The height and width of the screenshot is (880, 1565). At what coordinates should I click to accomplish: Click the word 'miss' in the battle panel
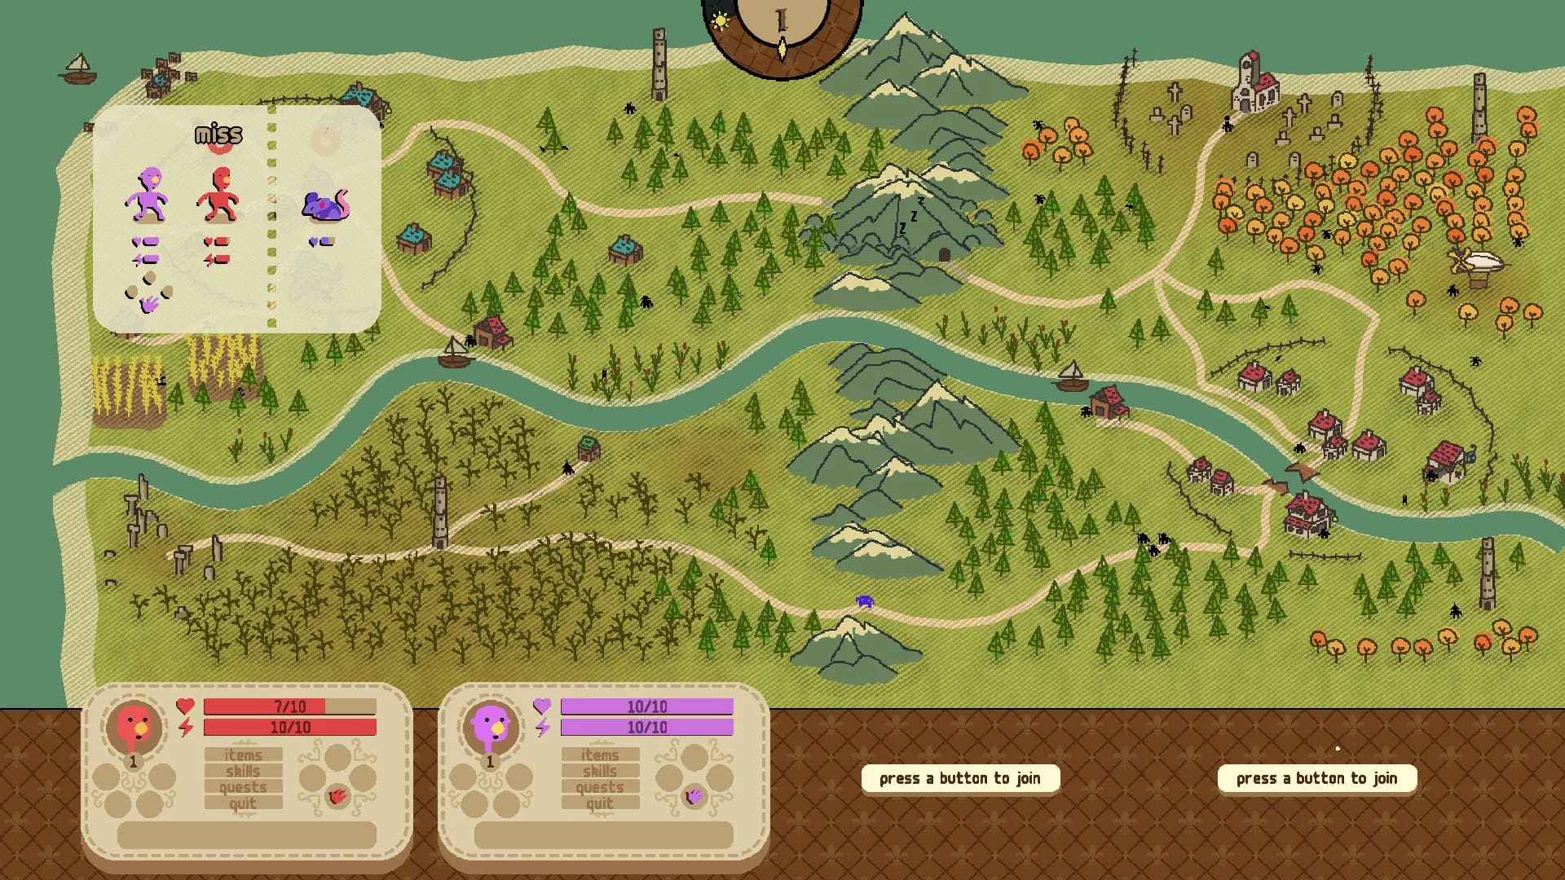[x=218, y=134]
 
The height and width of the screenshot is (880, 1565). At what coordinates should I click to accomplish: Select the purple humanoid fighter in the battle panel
[x=148, y=195]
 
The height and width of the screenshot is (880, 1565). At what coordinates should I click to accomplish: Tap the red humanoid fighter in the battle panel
[x=218, y=195]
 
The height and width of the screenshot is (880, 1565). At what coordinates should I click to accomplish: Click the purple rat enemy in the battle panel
[x=325, y=205]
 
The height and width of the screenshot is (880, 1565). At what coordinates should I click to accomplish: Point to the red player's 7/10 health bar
[x=289, y=706]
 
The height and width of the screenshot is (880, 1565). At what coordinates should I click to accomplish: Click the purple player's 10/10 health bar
[x=646, y=706]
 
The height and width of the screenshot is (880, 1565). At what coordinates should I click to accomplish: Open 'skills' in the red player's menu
[x=243, y=771]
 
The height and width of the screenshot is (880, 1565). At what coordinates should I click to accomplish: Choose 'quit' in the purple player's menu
[x=600, y=803]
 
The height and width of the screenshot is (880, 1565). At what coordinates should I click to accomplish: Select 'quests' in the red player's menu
[x=243, y=787]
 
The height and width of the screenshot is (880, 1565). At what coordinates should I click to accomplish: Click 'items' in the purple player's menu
[x=600, y=755]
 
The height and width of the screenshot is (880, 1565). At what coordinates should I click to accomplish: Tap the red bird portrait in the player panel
[x=134, y=725]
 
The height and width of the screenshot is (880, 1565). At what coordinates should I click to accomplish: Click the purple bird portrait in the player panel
[x=491, y=725]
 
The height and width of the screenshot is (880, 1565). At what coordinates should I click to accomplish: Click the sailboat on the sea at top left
[x=78, y=69]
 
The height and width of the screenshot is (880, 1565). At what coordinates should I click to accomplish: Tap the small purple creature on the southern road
[x=865, y=601]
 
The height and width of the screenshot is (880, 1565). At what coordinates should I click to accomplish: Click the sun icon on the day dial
[x=721, y=21]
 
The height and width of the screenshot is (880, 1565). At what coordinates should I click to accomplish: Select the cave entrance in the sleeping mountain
[x=944, y=255]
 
